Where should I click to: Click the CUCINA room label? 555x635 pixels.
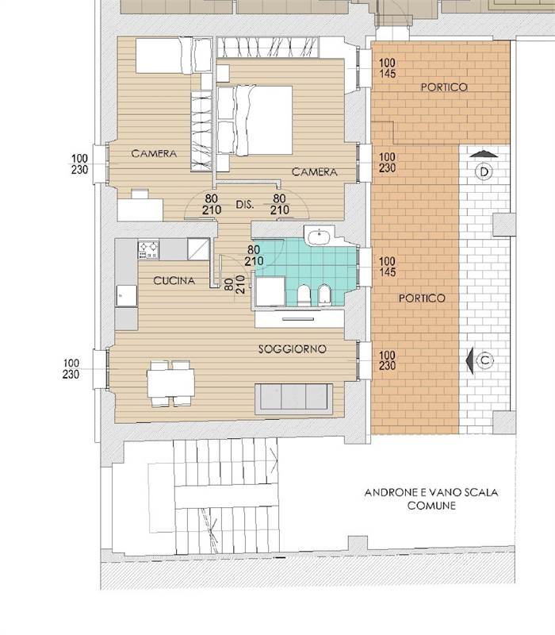tap(174, 281)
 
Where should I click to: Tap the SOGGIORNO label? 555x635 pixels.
tap(292, 348)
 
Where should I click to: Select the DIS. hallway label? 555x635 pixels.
tap(245, 205)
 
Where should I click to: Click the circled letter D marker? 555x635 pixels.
tap(484, 171)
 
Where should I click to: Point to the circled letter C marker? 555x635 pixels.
tap(485, 360)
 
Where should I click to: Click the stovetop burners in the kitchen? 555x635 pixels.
tap(148, 249)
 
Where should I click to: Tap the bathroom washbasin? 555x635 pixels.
tap(320, 236)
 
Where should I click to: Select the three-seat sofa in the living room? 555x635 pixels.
tap(293, 399)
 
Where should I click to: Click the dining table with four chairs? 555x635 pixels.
tap(170, 383)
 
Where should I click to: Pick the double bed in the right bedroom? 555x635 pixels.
tap(255, 120)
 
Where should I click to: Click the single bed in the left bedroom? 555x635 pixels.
tap(173, 56)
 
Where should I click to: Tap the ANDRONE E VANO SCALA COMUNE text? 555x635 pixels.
tap(431, 498)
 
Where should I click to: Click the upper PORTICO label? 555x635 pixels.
tap(444, 87)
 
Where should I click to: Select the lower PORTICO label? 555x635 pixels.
tap(422, 298)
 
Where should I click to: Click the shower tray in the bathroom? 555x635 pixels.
tap(270, 291)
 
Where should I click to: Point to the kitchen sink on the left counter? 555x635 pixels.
tap(127, 295)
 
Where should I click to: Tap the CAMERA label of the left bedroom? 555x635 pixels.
tap(154, 153)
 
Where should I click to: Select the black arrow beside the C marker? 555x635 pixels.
tap(469, 360)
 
